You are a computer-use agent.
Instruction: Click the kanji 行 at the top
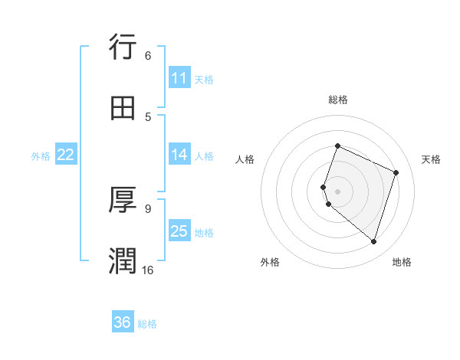123,47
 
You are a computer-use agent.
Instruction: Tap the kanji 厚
123,200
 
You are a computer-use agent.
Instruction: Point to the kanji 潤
123,260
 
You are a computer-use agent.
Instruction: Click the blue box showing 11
179,78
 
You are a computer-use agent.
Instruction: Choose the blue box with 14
179,155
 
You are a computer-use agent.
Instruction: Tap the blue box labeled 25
179,231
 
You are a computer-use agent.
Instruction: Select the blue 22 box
66,155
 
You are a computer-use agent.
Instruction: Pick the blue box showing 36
123,322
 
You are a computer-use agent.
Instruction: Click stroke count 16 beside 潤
147,270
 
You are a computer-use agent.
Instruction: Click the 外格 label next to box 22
41,155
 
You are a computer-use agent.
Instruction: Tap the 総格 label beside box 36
147,324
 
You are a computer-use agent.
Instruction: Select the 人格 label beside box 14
204,155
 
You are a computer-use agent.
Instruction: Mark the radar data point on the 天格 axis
396,172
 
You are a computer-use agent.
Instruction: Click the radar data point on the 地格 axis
373,241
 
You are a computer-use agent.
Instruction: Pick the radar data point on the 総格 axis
337,146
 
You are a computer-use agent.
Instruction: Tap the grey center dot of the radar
337,191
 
